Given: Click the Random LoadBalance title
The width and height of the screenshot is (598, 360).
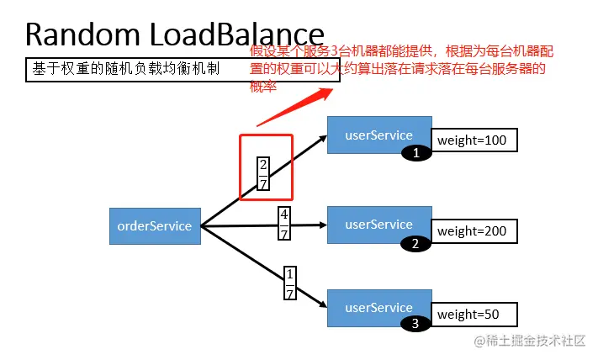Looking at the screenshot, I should [174, 34].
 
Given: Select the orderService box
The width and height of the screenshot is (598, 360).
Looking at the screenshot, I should [155, 225].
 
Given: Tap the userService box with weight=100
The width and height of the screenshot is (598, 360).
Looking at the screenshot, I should [378, 135].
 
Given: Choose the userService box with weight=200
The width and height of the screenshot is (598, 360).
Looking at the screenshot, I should [378, 224].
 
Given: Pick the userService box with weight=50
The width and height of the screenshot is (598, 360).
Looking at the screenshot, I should [378, 308].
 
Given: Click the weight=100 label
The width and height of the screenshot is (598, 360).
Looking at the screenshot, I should [474, 140].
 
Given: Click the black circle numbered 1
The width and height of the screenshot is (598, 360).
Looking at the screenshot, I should [415, 153].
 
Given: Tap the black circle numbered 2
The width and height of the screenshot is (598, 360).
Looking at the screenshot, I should [415, 244].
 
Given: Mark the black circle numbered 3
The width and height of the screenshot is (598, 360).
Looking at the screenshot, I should [415, 323].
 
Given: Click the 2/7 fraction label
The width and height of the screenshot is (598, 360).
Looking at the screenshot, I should [262, 174].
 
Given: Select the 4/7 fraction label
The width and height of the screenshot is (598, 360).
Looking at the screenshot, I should [284, 225].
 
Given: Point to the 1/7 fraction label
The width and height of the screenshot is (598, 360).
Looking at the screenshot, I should [290, 284].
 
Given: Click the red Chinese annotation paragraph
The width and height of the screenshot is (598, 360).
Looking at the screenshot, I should [402, 68].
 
